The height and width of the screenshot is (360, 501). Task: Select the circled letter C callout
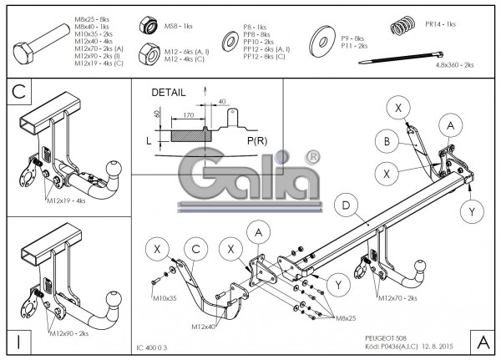[x=195, y=249]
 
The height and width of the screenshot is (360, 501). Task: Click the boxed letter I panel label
[x=19, y=341]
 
